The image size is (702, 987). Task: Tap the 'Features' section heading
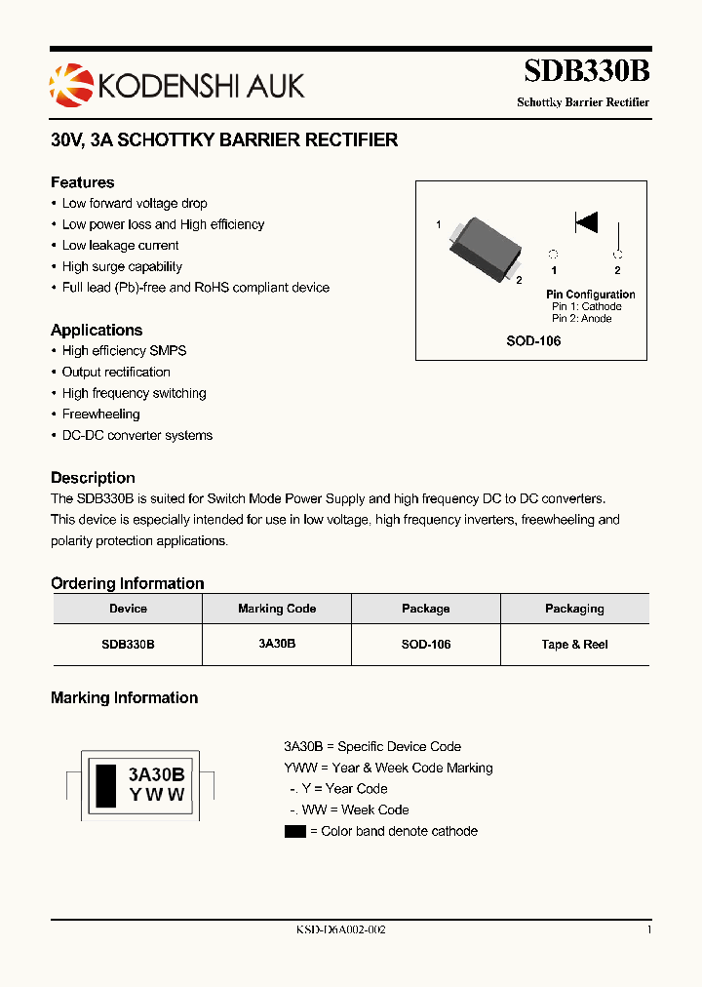coord(82,182)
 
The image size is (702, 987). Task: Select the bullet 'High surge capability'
coord(122,266)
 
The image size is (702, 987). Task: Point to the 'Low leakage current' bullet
coord(120,246)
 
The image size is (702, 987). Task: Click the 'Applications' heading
coord(97,330)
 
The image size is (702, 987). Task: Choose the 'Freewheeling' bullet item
coord(100,415)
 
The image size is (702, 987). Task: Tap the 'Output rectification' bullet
coord(116,372)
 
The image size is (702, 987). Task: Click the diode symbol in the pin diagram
coord(586,222)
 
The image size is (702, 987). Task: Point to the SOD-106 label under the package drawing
coord(532,341)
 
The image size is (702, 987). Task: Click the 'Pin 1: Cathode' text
coord(586,306)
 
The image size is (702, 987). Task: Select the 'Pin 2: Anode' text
coord(582,319)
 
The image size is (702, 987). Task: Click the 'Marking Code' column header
coord(277,609)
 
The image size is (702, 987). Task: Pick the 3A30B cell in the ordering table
coord(277,645)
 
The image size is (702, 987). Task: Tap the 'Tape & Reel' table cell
coord(574,645)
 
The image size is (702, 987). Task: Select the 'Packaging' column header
coord(574,609)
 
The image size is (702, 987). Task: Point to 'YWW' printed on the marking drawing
coord(156,794)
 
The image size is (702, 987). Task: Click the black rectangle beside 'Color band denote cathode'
coord(294,832)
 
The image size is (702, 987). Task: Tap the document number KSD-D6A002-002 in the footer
coord(341,930)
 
